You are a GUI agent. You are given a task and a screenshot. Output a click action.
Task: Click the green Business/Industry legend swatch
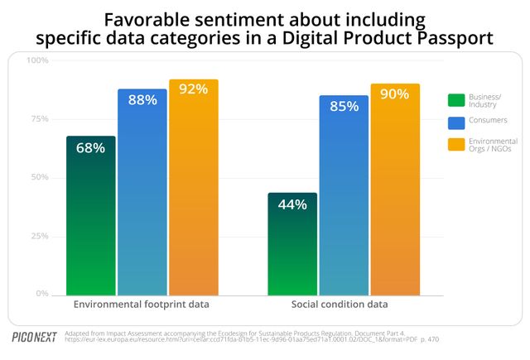click(x=455, y=100)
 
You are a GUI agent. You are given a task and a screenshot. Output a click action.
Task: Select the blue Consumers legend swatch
click(x=455, y=122)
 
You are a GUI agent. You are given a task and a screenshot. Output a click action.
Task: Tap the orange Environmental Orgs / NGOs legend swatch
click(x=455, y=146)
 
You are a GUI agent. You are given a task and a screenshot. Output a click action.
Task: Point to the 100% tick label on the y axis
click(x=38, y=60)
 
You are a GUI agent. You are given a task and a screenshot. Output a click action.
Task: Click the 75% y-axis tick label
click(x=40, y=118)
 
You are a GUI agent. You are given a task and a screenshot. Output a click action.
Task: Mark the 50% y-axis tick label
click(x=40, y=177)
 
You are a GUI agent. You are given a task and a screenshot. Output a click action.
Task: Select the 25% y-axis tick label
click(x=40, y=236)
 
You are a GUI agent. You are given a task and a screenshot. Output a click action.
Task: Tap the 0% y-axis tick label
click(x=42, y=294)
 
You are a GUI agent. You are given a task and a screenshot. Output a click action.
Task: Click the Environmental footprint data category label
click(x=142, y=305)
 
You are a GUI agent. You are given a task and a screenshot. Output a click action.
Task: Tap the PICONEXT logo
click(x=34, y=337)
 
